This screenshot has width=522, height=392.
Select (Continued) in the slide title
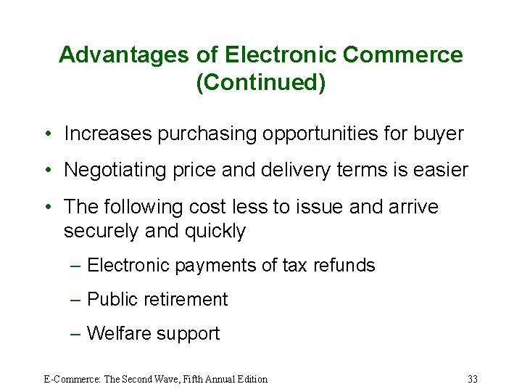260,82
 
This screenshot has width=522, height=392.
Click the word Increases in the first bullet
109,134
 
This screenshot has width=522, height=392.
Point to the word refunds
344,265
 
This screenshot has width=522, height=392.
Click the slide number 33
473,379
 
